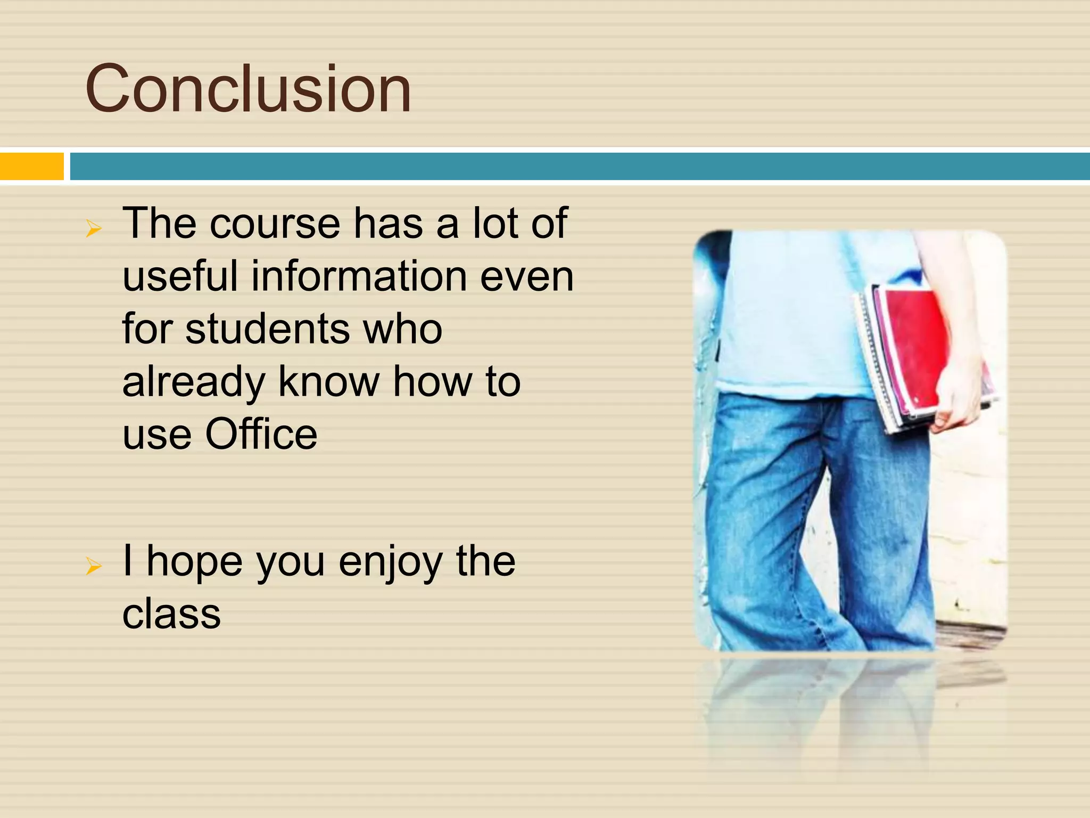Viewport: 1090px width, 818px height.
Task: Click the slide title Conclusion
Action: coord(248,88)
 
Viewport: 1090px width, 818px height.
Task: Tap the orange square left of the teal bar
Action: coord(31,166)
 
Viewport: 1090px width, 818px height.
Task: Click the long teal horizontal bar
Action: coord(579,166)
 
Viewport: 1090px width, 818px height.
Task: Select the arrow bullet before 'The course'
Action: coord(94,229)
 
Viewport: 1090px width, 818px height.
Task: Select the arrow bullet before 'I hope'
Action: coord(94,566)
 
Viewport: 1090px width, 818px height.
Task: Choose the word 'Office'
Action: coord(261,435)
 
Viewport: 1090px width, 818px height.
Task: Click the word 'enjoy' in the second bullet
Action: coord(391,562)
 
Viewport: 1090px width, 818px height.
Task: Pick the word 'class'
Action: coord(171,614)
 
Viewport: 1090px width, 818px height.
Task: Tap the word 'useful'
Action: coord(180,276)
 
